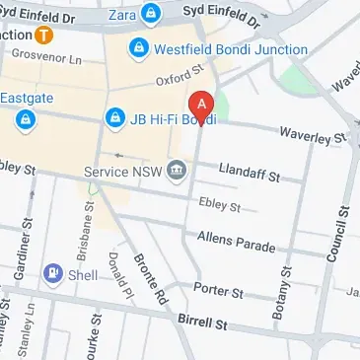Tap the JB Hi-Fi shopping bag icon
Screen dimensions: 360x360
click(114, 118)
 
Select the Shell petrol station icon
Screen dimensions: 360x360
click(51, 275)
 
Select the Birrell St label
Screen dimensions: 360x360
click(203, 323)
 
